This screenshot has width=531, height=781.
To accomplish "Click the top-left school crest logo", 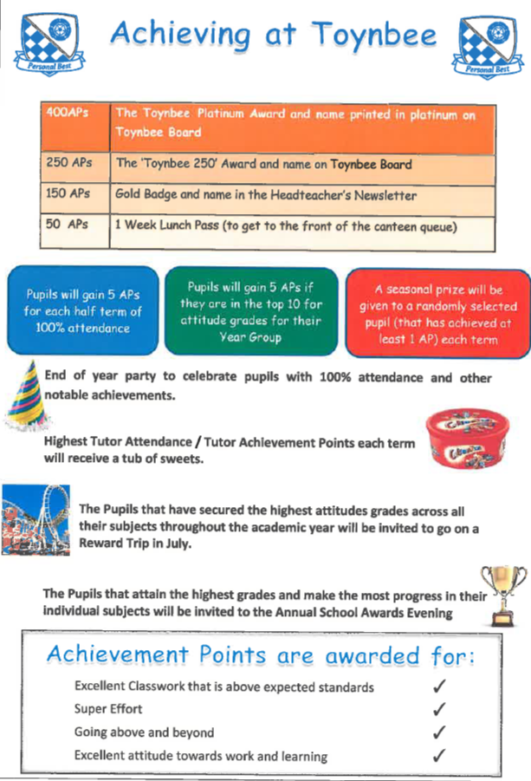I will point(51,42).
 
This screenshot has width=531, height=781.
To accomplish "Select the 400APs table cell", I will point(74,123).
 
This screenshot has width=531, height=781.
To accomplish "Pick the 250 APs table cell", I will point(74,163).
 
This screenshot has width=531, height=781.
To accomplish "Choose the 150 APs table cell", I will point(74,194).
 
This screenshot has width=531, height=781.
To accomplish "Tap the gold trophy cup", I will point(502,593).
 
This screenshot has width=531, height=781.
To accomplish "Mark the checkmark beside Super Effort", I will point(439,709).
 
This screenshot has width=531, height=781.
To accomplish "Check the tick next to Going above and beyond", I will point(439,732).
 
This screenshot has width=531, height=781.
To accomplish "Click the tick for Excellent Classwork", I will point(439,687).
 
